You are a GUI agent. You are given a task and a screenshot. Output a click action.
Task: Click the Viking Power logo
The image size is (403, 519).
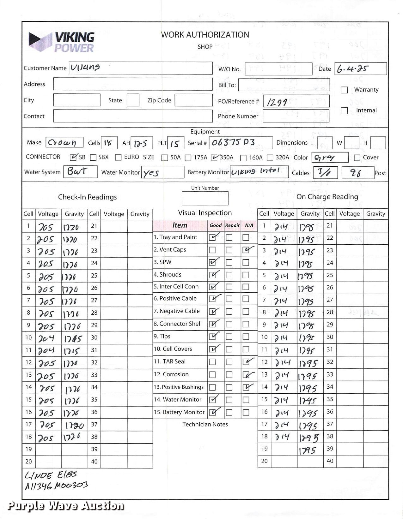pos(62,42)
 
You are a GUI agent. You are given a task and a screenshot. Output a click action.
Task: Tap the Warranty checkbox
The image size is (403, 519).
pos(344,90)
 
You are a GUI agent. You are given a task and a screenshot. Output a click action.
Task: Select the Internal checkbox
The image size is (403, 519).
pos(344,111)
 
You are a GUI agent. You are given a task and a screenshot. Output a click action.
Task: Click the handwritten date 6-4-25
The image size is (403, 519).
pos(352,69)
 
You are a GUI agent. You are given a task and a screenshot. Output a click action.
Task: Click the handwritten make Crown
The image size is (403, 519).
pos(62,143)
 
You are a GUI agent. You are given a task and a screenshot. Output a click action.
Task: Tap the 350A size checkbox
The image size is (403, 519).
pos(215,158)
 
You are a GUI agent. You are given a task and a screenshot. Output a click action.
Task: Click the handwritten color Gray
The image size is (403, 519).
pos(325,157)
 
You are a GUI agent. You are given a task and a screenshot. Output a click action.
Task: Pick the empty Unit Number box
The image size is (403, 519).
pos(205,198)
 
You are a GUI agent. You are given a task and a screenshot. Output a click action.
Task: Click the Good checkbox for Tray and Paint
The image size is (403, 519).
pos(213,237)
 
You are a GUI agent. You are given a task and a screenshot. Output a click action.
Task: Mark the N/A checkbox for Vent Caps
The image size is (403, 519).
pos(246,250)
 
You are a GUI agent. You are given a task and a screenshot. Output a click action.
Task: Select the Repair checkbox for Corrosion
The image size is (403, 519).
pos(229,375)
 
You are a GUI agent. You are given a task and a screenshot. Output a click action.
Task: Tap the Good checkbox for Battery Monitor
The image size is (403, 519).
pos(213,412)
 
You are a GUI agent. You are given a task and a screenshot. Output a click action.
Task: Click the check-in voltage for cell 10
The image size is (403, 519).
pos(46,338)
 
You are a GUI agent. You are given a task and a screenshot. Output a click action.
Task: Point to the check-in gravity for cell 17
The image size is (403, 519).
pos(74,425)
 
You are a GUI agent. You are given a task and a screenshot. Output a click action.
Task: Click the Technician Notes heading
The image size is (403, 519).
pos(205,425)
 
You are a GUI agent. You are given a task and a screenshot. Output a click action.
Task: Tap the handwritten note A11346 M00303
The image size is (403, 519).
pos(56,486)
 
